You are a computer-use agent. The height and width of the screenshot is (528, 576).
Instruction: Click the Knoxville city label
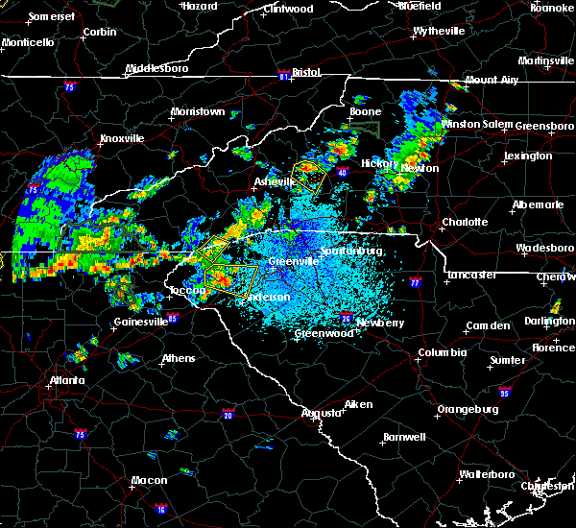[122, 138]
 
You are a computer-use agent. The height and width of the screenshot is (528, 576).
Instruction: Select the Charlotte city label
[465, 222]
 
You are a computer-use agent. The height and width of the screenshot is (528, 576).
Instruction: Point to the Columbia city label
[442, 352]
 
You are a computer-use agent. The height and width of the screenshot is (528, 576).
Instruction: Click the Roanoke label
[553, 7]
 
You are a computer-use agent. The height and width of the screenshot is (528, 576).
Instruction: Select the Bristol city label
[306, 72]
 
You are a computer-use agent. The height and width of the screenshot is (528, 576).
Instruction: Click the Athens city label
[179, 359]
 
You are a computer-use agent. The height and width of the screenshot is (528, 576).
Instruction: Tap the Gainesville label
[141, 322]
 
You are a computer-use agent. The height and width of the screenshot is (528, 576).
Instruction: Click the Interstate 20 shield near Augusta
[228, 415]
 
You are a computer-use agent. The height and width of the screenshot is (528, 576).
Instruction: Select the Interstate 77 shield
[415, 284]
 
